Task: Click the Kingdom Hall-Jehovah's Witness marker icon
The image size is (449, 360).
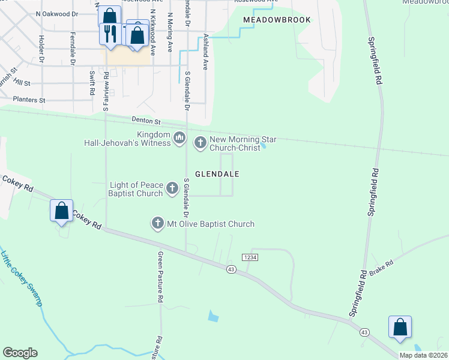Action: [179, 139]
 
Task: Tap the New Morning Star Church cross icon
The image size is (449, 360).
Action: [200, 143]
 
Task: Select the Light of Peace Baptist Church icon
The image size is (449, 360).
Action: [172, 189]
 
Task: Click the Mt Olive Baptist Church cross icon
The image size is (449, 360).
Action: [158, 224]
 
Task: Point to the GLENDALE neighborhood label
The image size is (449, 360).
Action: [217, 174]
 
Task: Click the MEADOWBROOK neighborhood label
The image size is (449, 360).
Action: [277, 20]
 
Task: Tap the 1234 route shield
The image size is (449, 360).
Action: [250, 257]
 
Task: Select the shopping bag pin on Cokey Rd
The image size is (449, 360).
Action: [62, 211]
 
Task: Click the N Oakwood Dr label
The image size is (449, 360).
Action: [57, 13]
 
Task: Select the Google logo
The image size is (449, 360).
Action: [20, 353]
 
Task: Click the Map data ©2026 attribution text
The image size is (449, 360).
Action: [423, 355]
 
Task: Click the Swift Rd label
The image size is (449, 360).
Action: [92, 83]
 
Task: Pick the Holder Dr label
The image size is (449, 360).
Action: [41, 49]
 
